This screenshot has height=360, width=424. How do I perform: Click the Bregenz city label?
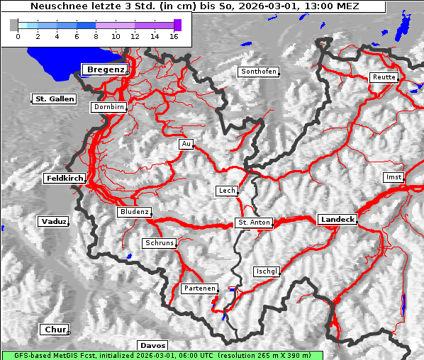[x=106, y=69]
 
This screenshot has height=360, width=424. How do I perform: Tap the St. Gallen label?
[x=54, y=99]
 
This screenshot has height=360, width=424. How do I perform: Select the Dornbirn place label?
[x=109, y=107]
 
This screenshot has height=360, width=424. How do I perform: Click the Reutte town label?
[x=383, y=77]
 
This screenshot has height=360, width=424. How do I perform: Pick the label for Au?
[x=186, y=144]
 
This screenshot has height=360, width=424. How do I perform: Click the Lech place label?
[x=226, y=191]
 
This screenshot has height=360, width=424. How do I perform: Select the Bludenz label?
[x=134, y=212]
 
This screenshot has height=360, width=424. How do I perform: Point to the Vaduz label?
[x=53, y=221]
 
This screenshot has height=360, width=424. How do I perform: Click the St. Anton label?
[x=253, y=223]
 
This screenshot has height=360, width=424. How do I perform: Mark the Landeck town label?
[x=337, y=220]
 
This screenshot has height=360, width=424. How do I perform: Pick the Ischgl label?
[x=267, y=271]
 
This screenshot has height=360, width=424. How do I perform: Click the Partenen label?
[x=198, y=288]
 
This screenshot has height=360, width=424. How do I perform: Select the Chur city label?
[x=54, y=330]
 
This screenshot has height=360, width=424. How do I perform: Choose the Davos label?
[x=152, y=345]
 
